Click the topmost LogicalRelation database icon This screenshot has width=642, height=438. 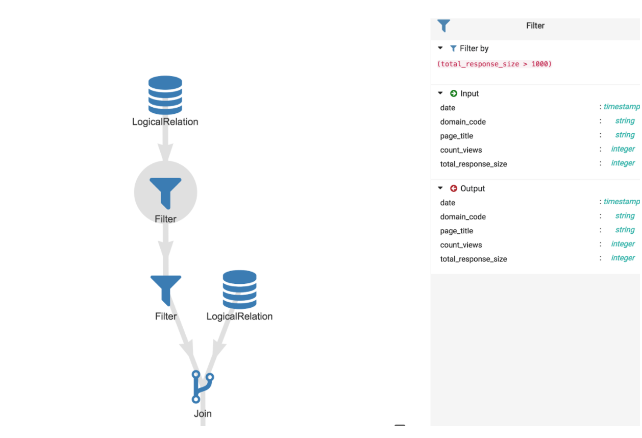165,95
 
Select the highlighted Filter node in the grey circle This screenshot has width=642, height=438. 165,193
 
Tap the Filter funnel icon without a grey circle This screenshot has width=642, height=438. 165,289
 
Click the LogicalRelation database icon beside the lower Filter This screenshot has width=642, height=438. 239,289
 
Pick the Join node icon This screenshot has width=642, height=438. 202,386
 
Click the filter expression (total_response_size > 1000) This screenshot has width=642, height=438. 494,64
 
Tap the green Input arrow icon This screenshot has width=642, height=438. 453,93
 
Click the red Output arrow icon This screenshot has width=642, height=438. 453,188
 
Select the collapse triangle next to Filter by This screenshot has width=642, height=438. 440,48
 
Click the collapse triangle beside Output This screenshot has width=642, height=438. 440,188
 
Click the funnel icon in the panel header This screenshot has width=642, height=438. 443,26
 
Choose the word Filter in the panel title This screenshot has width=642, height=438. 535,26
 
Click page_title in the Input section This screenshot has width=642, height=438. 456,136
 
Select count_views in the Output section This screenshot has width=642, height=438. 461,245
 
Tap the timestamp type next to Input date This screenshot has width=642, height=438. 621,107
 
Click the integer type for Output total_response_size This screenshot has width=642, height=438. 623,258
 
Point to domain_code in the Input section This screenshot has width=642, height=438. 463,121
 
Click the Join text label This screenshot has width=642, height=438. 203,413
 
